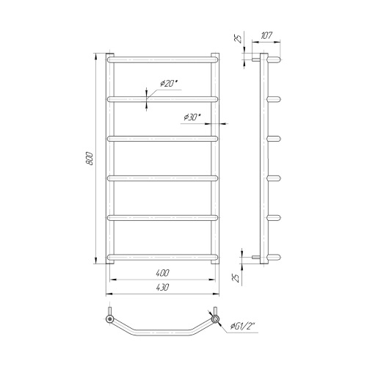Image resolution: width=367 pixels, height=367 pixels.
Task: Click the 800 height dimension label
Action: pyautogui.click(x=90, y=159)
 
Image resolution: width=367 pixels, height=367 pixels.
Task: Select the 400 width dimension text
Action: pyautogui.click(x=162, y=273)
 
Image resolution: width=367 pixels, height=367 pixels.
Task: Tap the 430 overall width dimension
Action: pyautogui.click(x=162, y=287)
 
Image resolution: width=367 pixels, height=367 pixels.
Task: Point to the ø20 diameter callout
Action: pyautogui.click(x=168, y=84)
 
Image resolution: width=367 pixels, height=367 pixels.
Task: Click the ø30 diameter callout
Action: pyautogui.click(x=192, y=117)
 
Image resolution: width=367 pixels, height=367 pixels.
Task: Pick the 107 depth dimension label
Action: pyautogui.click(x=266, y=36)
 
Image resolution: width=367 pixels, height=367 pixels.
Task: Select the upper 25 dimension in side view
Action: pyautogui.click(x=238, y=39)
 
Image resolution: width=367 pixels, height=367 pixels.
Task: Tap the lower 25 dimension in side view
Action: pyautogui.click(x=236, y=278)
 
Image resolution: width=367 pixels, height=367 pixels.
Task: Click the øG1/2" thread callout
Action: pyautogui.click(x=242, y=326)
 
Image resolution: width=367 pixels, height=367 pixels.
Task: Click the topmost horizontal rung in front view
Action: pyautogui.click(x=163, y=59)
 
